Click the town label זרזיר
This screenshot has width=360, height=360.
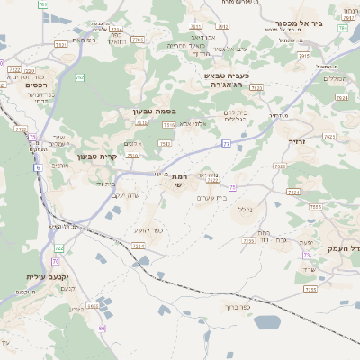pyautogui.click(x=297, y=141)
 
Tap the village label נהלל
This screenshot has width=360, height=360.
pyautogui.click(x=244, y=209)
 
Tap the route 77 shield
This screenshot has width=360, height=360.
pyautogui.click(x=227, y=143)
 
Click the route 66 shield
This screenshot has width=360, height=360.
pyautogui.click(x=103, y=328)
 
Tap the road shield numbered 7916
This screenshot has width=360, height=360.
pyautogui.click(x=304, y=56)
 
